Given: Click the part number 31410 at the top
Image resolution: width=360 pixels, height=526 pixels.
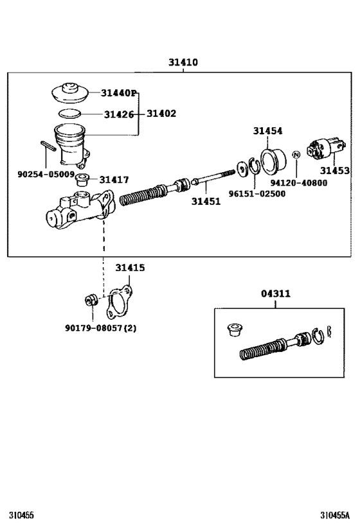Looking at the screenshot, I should [183, 63].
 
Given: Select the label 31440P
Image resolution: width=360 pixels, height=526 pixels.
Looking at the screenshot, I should [119, 93].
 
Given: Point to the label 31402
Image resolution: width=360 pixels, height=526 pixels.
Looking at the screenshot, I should [161, 114].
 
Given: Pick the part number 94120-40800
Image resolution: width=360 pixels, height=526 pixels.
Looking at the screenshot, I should [298, 182].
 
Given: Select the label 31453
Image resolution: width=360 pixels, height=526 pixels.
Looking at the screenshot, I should [335, 171].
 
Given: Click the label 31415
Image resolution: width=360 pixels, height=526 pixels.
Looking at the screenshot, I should [130, 268].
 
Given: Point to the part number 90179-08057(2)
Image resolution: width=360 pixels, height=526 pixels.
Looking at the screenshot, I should [100, 328].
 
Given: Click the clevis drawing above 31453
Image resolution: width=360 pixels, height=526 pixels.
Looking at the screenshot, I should [321, 150].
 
